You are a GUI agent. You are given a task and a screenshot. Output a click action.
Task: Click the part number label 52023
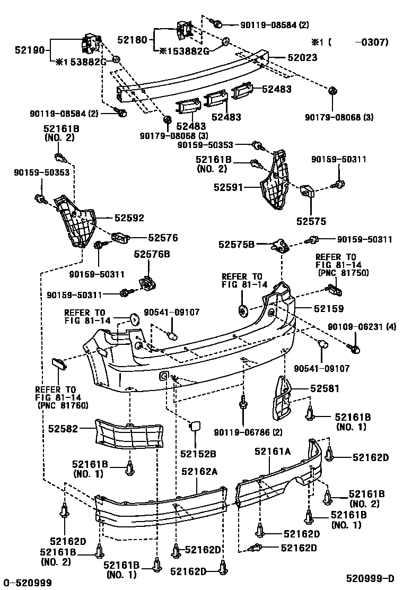(x=302, y=58)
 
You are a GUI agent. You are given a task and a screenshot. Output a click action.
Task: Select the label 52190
(x=30, y=50)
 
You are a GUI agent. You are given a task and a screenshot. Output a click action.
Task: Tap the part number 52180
(x=132, y=39)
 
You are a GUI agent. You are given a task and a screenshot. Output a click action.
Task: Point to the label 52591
(x=229, y=187)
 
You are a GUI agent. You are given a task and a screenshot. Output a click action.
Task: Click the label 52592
(x=129, y=218)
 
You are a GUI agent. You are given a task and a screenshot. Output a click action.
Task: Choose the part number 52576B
(x=152, y=254)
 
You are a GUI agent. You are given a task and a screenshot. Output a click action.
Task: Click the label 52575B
(x=236, y=245)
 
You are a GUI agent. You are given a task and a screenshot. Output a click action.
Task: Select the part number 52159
(x=329, y=309)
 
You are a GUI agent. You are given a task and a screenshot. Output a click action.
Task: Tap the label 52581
(x=325, y=388)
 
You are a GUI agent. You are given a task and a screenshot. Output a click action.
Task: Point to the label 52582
(x=63, y=429)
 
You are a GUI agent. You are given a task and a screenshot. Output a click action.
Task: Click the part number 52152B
(x=198, y=454)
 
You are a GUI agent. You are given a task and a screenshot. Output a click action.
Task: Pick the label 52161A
(x=273, y=451)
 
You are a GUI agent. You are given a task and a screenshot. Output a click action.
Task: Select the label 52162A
(x=199, y=472)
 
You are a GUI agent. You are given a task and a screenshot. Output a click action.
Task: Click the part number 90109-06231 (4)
(x=362, y=327)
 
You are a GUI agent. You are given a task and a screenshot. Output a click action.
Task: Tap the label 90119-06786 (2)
(x=248, y=432)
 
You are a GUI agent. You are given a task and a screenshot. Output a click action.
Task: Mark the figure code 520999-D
(x=370, y=578)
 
